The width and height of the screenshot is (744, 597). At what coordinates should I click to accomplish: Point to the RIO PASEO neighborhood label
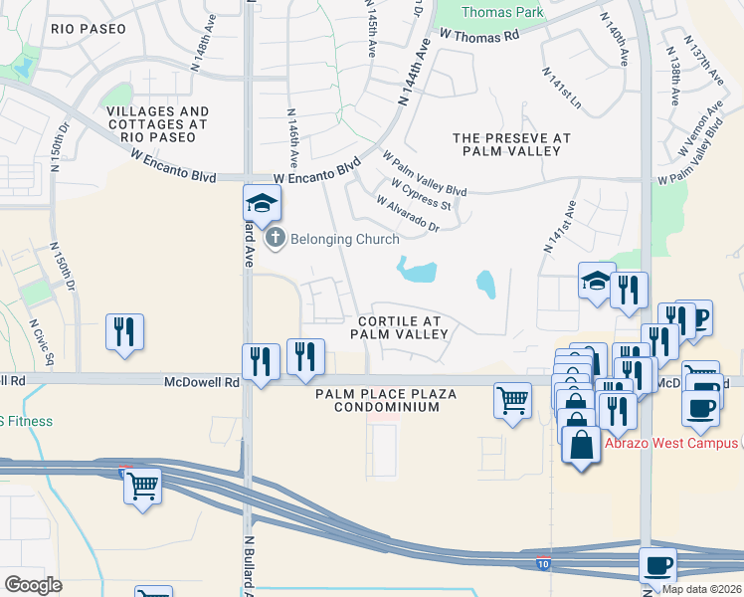[x=90, y=29]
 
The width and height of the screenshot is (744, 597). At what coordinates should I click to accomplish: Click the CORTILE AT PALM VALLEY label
[x=399, y=327]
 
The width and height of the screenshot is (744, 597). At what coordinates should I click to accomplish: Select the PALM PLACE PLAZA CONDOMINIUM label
[x=386, y=401]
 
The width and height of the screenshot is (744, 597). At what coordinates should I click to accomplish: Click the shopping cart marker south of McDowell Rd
[x=512, y=400]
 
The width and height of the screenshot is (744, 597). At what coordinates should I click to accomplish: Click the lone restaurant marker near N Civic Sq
[x=125, y=331]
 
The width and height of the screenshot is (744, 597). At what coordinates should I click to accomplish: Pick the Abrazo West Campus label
[x=681, y=443]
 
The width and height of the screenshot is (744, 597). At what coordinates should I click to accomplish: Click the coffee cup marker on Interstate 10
[x=657, y=565]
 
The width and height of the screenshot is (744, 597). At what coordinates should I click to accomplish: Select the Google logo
[x=34, y=584]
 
